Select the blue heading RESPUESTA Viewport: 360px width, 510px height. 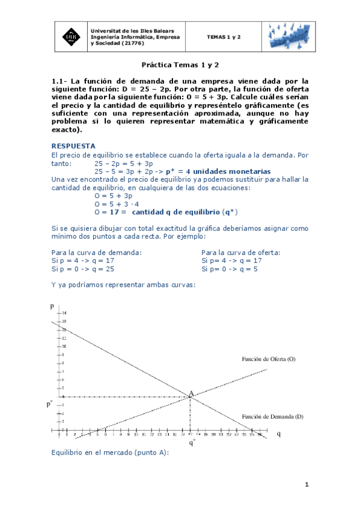pyautogui.click(x=73, y=146)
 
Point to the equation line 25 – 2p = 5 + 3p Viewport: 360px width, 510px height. pyautogui.click(x=124, y=163)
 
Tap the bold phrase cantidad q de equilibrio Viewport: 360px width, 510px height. pyautogui.click(x=175, y=212)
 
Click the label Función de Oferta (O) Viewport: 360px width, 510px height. pyautogui.click(x=269, y=358)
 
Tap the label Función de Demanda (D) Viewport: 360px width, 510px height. pyautogui.click(x=272, y=416)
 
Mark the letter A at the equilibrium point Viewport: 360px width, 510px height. pyautogui.click(x=191, y=394)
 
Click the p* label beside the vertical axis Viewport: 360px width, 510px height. pyautogui.click(x=50, y=404)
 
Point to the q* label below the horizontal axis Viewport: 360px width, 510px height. pyautogui.click(x=192, y=444)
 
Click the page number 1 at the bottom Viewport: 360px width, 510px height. pyautogui.click(x=307, y=485)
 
